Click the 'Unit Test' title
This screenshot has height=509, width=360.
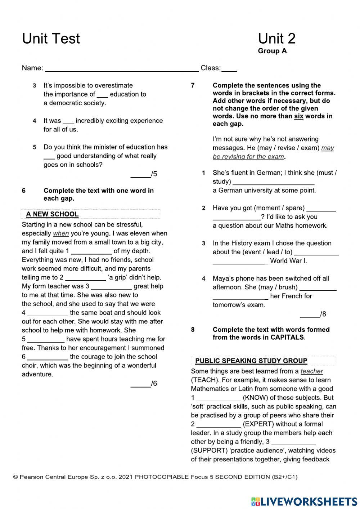coord(51,39)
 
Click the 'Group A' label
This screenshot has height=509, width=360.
coord(272,51)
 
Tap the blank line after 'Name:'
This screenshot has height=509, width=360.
coord(121,68)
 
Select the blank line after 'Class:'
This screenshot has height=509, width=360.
coord(229,68)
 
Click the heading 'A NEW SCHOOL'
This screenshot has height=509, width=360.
coord(52,214)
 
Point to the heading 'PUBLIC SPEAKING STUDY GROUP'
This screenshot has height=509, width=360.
coord(251,361)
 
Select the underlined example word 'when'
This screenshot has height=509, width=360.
coord(60,233)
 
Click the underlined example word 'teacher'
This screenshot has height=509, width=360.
coord(311,371)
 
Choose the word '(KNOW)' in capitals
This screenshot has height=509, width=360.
coord(256,398)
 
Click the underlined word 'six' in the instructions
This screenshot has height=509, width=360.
coord(298,116)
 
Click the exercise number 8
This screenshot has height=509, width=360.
coord(193,330)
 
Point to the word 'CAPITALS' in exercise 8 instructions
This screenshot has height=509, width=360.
coord(287,338)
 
